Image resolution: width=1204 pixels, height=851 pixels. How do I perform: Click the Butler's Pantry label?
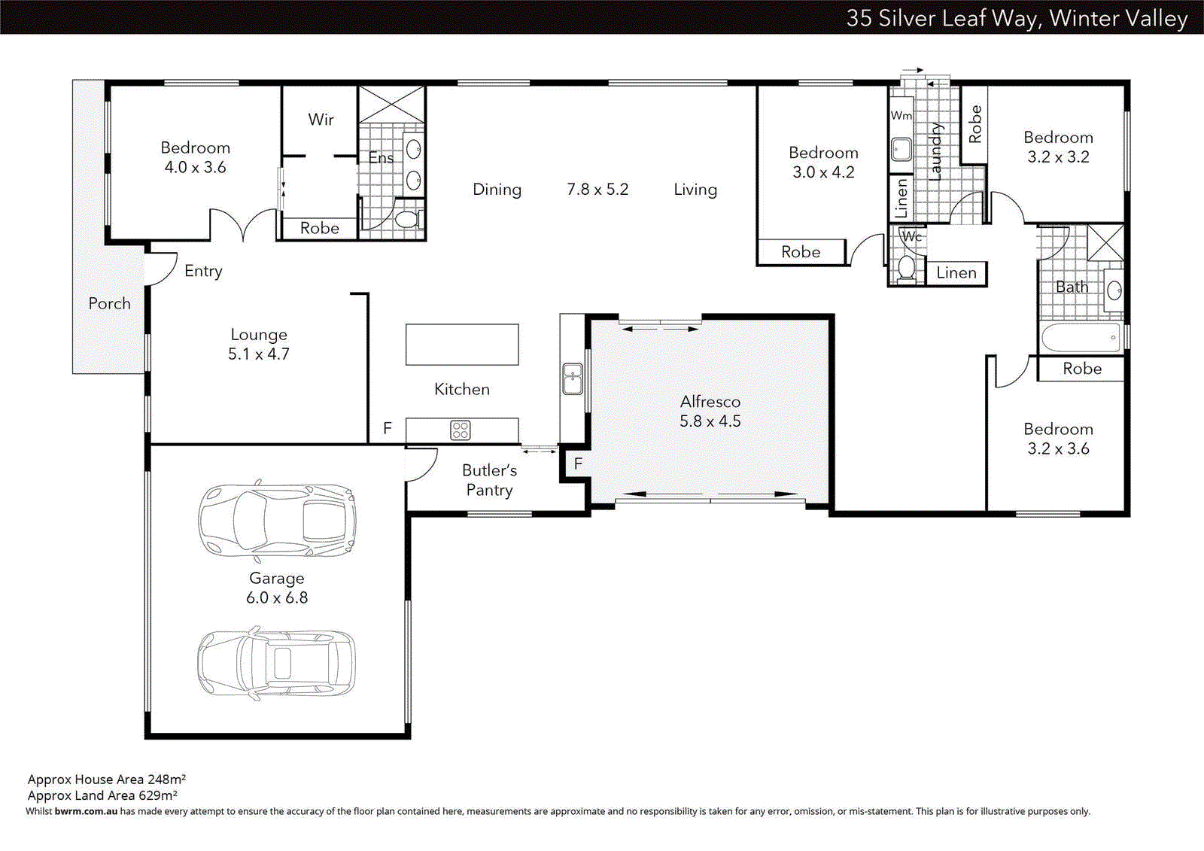pyautogui.click(x=489, y=480)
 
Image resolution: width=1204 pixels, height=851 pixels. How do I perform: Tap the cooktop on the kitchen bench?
pyautogui.click(x=461, y=430)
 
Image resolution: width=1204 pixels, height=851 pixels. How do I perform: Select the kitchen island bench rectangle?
pyautogui.click(x=462, y=345)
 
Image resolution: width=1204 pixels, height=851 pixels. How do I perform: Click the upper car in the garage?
pyautogui.click(x=277, y=520)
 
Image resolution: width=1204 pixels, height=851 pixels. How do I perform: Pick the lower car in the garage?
pyautogui.click(x=277, y=663)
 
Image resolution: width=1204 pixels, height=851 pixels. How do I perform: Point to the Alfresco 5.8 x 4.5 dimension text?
pyautogui.click(x=710, y=421)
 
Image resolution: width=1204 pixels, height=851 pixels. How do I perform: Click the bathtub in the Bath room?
pyautogui.click(x=1081, y=338)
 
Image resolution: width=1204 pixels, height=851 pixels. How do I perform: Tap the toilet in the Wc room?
pyautogui.click(x=906, y=267)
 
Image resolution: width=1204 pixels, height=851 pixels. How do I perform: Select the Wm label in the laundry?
pyautogui.click(x=901, y=116)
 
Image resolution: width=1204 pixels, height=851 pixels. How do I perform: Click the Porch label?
pyautogui.click(x=110, y=303)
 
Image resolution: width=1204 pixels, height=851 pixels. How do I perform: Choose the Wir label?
pyautogui.click(x=321, y=120)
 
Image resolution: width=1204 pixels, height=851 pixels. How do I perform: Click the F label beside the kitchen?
pyautogui.click(x=388, y=428)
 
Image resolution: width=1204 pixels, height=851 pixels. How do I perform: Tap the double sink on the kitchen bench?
pyautogui.click(x=573, y=378)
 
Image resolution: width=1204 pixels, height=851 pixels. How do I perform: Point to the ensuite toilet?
pyautogui.click(x=407, y=220)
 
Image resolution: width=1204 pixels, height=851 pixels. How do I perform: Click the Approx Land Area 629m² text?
pyautogui.click(x=102, y=795)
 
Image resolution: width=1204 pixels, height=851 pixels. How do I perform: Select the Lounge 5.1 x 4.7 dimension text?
pyautogui.click(x=259, y=354)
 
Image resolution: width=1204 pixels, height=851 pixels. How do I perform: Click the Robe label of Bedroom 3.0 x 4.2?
pyautogui.click(x=801, y=252)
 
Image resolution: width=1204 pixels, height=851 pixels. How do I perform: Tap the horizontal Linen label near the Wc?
pyautogui.click(x=956, y=273)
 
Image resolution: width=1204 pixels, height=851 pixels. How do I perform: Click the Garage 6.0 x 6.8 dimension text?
pyautogui.click(x=277, y=597)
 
